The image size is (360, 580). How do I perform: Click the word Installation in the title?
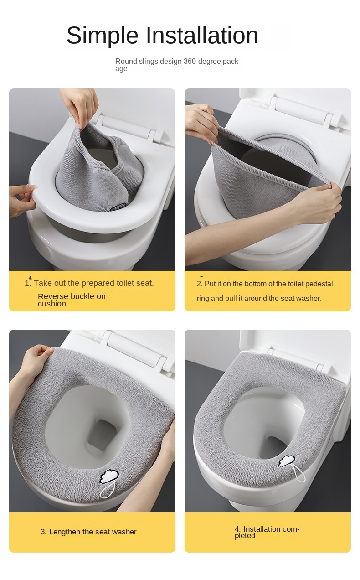pos(202,35)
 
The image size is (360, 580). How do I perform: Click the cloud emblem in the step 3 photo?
pos(109,476)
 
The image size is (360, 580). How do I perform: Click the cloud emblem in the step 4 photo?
pos(287,461)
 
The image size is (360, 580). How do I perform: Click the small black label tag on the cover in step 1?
pos(118,207)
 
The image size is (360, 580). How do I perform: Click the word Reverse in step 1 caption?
pos(53,296)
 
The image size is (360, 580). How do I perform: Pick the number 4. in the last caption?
pos(238,529)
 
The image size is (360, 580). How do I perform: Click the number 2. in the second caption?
pos(200,284)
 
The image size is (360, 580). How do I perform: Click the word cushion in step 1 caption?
pos(52,304)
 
